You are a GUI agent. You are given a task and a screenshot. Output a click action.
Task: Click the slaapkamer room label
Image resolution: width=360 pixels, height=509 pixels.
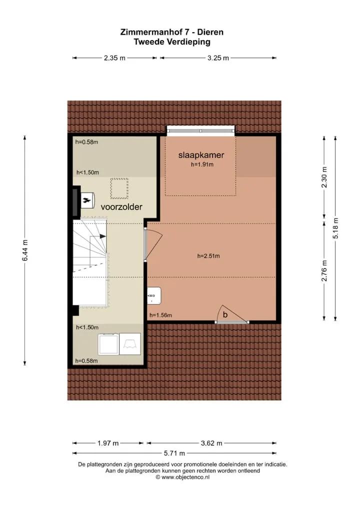click(201, 155)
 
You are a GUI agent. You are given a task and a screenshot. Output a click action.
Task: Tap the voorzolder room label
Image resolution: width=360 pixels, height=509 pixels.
click(121, 207)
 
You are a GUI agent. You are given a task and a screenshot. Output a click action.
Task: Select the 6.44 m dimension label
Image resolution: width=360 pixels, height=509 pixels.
click(25, 250)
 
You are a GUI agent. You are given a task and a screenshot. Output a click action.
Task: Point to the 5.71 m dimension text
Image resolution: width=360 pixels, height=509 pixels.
click(174, 453)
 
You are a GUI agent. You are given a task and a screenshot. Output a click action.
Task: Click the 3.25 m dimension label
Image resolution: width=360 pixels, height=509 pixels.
click(218, 58)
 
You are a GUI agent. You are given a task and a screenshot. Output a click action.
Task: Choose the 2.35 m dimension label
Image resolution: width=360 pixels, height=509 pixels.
click(114, 58)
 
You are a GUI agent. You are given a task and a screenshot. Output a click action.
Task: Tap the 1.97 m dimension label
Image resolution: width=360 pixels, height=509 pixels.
click(108, 443)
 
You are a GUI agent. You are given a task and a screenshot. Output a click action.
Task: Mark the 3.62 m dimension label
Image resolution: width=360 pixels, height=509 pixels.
click(211, 443)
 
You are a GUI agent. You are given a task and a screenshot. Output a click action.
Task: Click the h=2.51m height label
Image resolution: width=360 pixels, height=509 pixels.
click(208, 256)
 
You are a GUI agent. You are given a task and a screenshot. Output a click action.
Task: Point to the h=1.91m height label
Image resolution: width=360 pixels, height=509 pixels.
click(202, 164)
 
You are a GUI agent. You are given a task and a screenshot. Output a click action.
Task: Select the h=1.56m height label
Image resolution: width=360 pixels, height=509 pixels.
click(160, 315)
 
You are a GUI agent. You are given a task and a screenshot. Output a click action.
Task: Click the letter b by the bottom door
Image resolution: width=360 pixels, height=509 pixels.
click(225, 314)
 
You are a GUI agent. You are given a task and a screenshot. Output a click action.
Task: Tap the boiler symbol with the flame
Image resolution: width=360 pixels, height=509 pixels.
click(87, 200)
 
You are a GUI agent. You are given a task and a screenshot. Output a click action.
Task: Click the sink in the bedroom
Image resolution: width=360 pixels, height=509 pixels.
click(154, 295)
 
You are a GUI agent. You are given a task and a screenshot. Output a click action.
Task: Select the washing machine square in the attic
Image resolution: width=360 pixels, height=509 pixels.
click(108, 344)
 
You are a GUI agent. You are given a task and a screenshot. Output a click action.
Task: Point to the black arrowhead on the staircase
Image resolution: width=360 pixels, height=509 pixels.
click(103, 236)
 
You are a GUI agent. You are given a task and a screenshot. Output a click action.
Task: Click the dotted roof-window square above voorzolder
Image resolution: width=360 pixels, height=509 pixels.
click(119, 188)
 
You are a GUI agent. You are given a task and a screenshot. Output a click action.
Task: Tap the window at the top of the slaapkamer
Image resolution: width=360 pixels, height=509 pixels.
click(200, 130)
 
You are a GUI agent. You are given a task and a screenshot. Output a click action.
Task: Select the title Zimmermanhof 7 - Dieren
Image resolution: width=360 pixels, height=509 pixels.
click(171, 32)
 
